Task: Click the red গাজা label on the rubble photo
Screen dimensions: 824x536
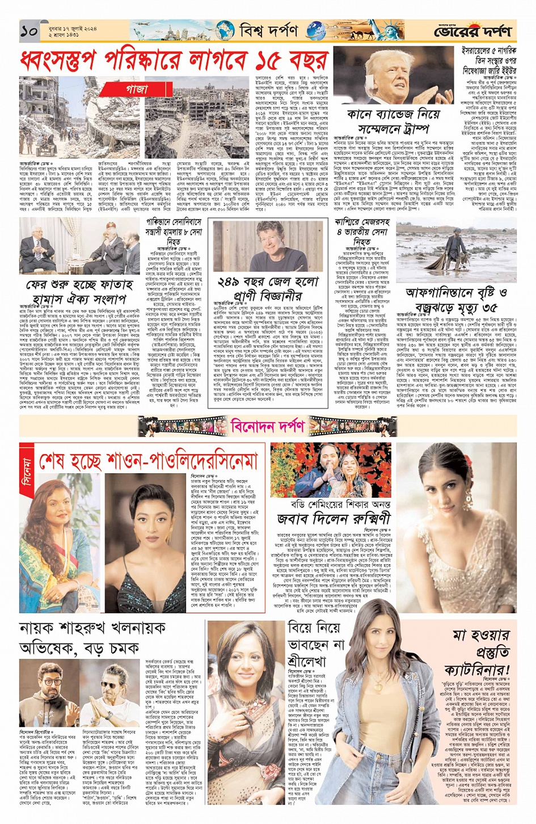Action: point(137,89)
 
